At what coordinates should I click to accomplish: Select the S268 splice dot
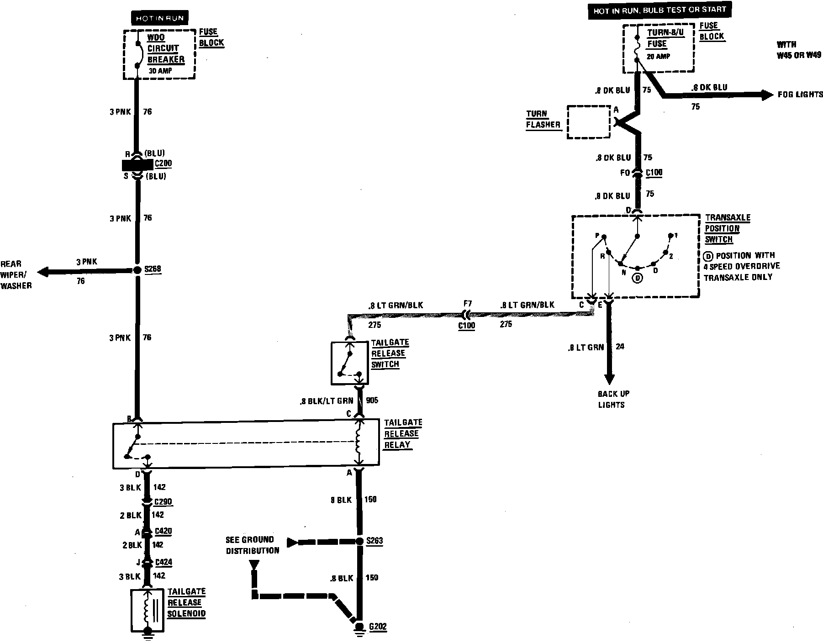[137, 270]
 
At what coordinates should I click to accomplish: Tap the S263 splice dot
[359, 542]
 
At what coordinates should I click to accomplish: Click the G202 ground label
[377, 627]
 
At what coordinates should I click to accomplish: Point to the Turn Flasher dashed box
[589, 122]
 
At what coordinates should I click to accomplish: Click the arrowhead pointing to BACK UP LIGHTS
[609, 379]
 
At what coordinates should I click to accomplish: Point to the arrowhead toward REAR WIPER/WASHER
[43, 272]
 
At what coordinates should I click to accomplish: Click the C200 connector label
[163, 163]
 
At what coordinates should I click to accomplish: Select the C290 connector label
[163, 502]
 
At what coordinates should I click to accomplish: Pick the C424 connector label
[163, 562]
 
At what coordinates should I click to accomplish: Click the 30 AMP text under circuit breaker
[158, 71]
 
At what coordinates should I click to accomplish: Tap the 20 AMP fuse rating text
[658, 56]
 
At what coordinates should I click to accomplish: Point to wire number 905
[372, 401]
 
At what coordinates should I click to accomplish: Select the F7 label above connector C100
[467, 303]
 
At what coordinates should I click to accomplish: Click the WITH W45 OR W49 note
[799, 50]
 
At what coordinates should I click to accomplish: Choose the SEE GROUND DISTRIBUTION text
[252, 545]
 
